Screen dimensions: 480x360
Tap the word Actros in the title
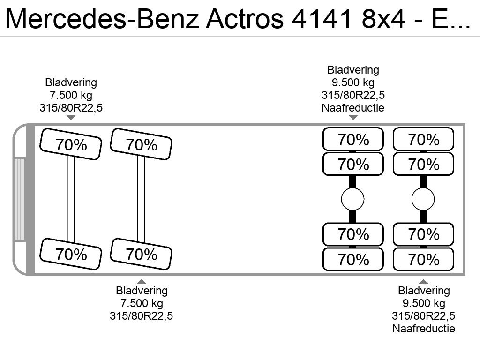245,19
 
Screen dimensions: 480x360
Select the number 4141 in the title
322,19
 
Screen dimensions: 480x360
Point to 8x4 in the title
383,19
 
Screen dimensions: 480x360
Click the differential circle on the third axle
352,199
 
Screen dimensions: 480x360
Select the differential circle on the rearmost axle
423,199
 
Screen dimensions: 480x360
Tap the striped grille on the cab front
19,199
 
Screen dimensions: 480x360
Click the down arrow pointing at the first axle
71,118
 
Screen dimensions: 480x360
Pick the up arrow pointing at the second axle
141,281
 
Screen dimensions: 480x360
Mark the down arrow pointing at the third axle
353,118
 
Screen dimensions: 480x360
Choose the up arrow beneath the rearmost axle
423,281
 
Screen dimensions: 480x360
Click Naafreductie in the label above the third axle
353,108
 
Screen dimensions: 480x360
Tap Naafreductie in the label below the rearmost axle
424,329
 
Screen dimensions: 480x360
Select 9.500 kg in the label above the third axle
353,82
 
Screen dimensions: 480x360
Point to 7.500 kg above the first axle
71,95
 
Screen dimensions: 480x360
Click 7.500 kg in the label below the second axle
142,303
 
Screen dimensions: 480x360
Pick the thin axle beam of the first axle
71,199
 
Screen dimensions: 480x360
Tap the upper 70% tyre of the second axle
141,144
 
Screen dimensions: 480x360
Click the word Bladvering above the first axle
71,82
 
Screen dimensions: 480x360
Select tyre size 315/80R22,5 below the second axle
142,316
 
